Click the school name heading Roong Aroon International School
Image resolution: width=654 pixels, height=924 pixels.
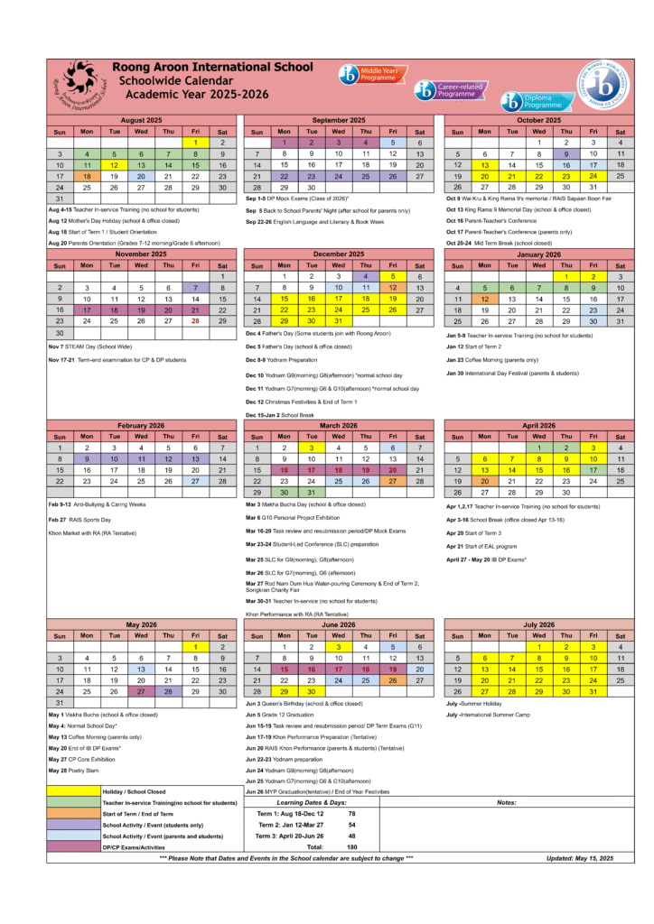(213, 67)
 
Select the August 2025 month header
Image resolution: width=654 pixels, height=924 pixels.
(142, 120)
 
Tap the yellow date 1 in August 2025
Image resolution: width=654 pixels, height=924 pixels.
(195, 143)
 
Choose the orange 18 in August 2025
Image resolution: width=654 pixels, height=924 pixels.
(87, 177)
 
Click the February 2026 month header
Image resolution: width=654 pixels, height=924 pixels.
(142, 425)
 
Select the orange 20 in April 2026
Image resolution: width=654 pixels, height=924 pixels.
(484, 482)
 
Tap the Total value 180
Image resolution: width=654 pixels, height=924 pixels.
(351, 847)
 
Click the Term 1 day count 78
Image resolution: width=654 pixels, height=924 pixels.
(351, 814)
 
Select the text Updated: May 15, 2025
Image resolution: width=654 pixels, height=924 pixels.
(579, 858)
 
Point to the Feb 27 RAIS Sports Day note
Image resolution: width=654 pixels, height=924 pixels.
(80, 520)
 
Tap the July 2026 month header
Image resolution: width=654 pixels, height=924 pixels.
(538, 624)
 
